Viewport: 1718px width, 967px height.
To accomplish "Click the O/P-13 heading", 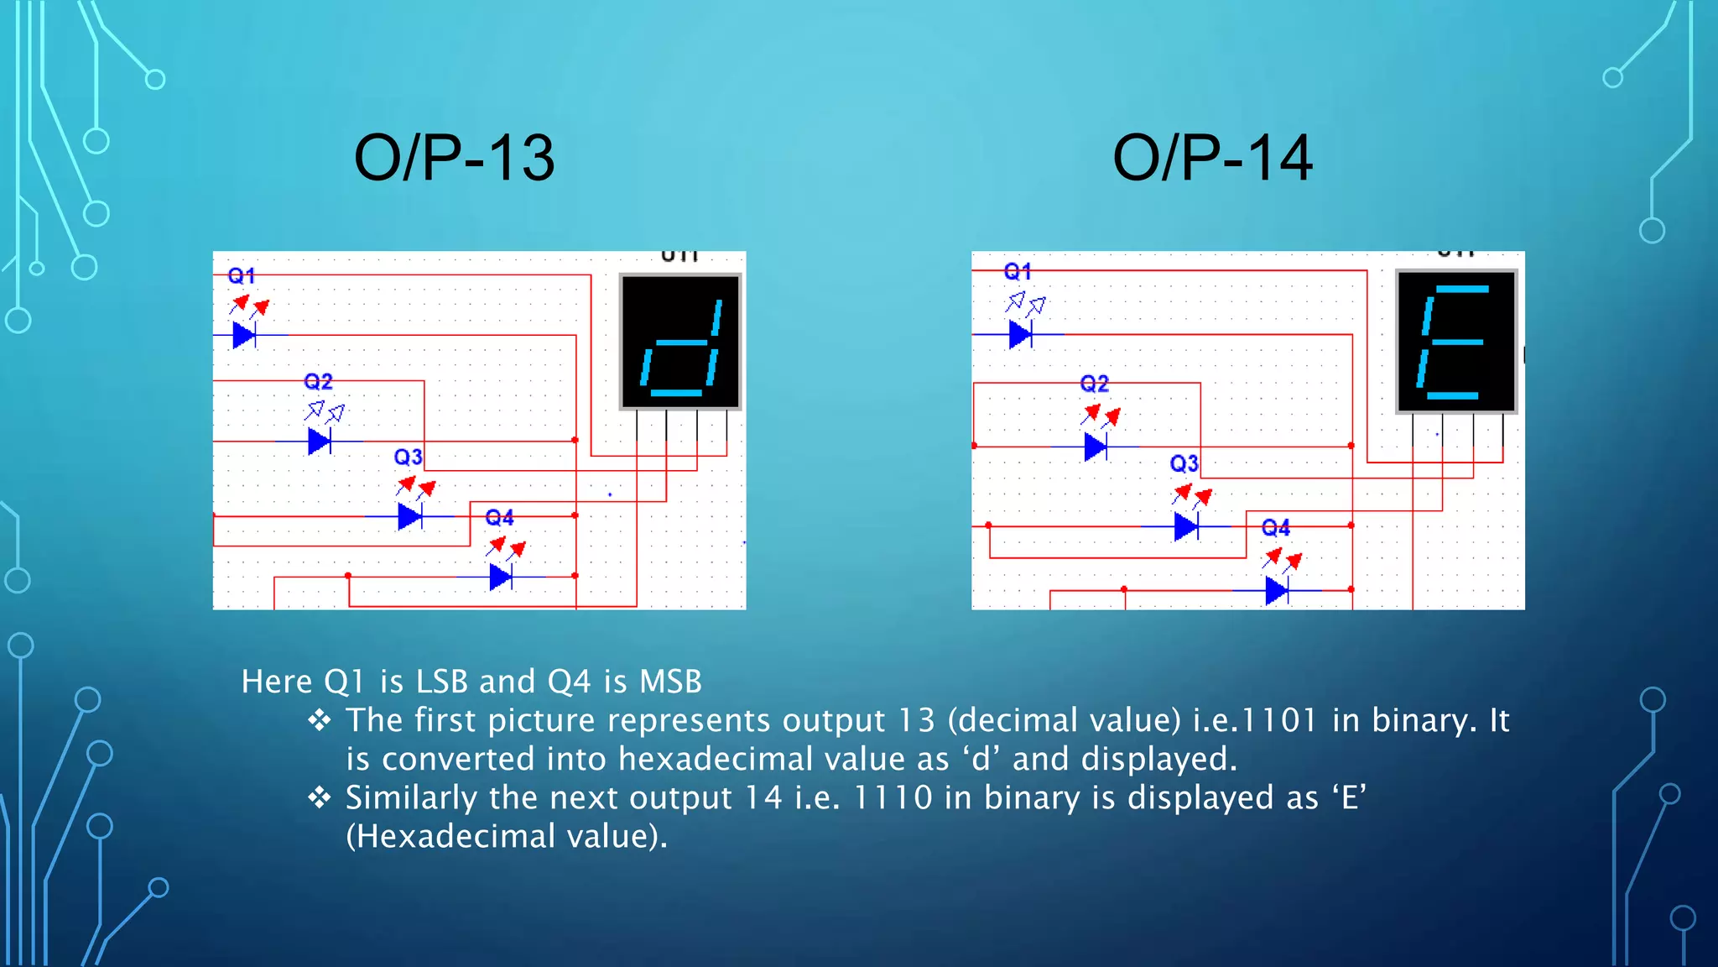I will [454, 158].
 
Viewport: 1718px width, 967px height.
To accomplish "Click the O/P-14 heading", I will [1212, 158].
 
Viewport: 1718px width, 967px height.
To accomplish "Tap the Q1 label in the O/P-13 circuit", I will [242, 275].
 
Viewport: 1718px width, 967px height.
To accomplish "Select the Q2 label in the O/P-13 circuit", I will [318, 382].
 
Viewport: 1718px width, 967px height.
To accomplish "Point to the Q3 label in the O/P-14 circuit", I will [1184, 463].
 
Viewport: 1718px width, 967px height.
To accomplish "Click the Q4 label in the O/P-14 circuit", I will [1275, 528].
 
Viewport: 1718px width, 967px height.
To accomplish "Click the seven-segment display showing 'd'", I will [680, 342].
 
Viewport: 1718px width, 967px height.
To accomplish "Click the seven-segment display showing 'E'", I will [1456, 342].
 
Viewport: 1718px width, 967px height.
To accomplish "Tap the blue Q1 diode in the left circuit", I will [244, 335].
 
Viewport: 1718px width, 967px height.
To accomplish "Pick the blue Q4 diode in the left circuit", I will [501, 577].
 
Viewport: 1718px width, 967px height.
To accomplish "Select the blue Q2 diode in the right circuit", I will [1096, 447].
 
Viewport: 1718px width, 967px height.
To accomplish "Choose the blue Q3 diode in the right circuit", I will [1185, 526].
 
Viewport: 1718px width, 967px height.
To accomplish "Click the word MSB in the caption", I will [670, 682].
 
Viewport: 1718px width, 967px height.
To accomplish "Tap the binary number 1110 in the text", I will [892, 797].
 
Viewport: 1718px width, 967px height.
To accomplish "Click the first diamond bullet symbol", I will [320, 720].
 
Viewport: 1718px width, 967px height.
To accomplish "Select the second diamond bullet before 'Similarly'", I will [320, 797].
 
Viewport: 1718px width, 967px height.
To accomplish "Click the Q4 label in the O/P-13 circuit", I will [499, 517].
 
